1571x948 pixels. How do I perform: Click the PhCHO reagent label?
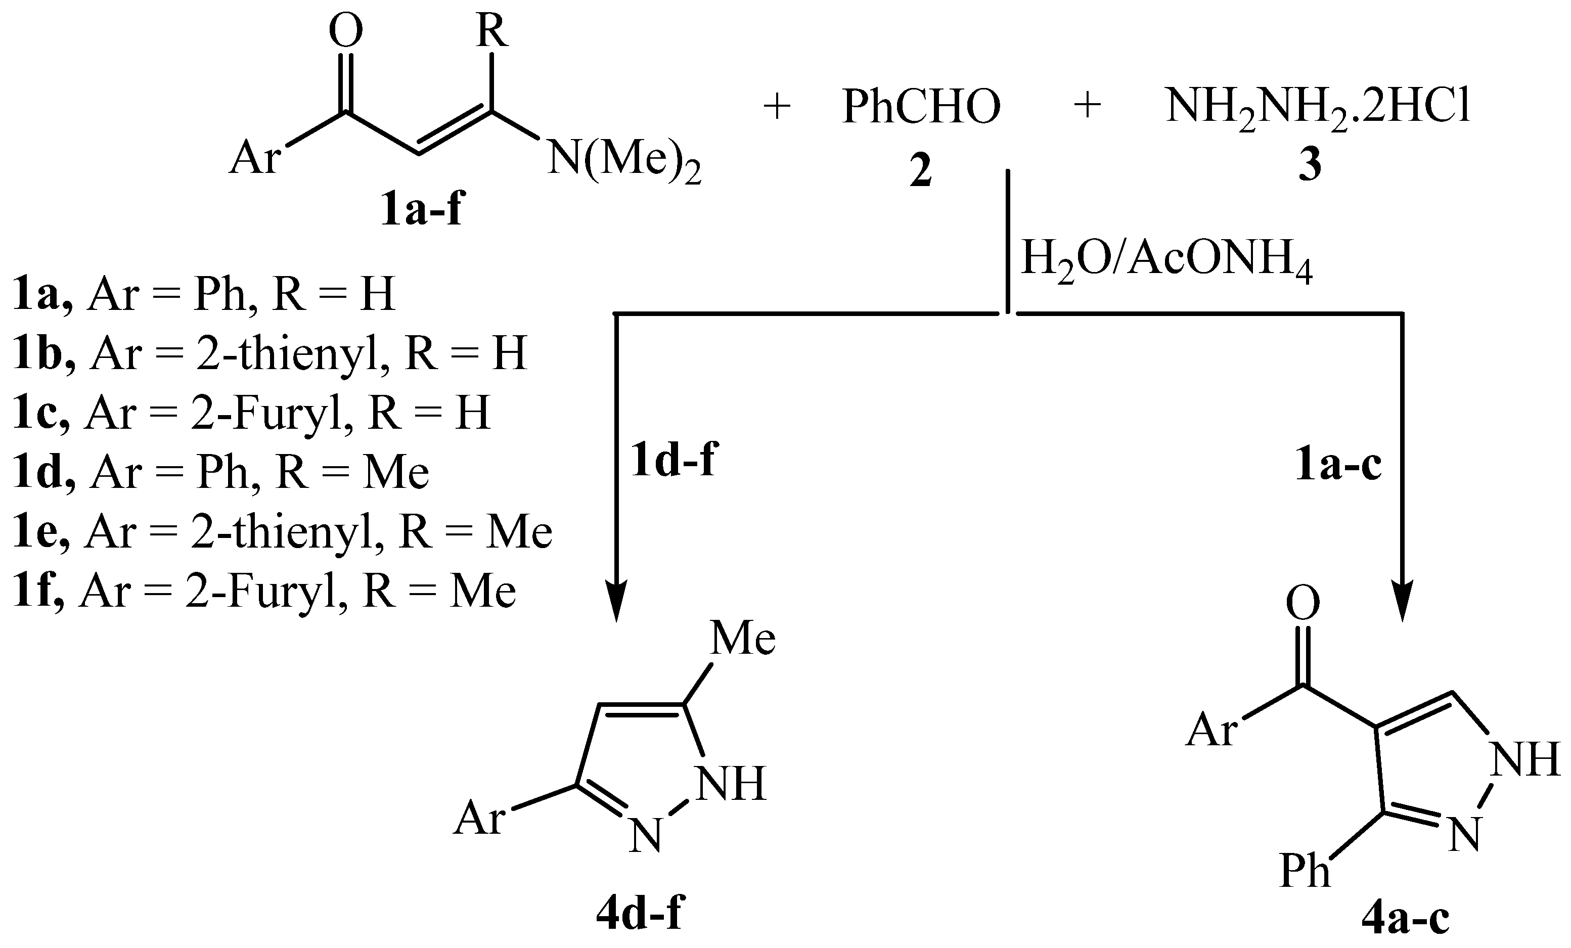pyautogui.click(x=921, y=107)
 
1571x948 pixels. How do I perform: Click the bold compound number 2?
pyautogui.click(x=921, y=171)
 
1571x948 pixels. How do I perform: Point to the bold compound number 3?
pyautogui.click(x=1310, y=166)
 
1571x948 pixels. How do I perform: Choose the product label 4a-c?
pyautogui.click(x=1405, y=918)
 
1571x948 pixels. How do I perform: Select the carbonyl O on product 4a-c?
pyautogui.click(x=1303, y=603)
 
